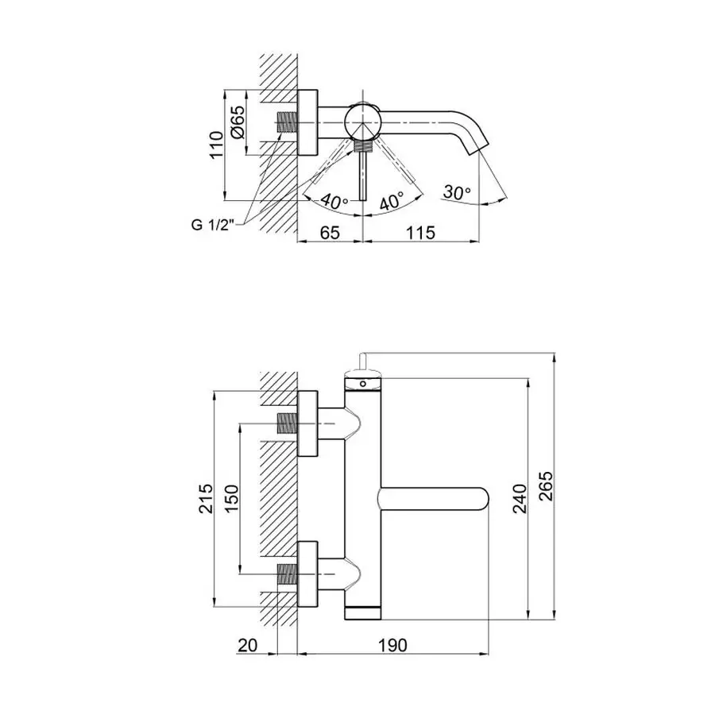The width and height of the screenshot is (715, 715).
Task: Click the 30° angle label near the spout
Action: pyautogui.click(x=458, y=191)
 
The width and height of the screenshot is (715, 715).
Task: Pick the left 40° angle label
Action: pyautogui.click(x=334, y=201)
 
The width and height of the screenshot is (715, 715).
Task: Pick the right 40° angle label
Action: pyautogui.click(x=390, y=201)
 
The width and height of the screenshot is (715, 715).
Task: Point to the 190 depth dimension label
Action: pyautogui.click(x=392, y=645)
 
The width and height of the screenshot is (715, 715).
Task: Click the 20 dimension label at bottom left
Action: pyautogui.click(x=248, y=645)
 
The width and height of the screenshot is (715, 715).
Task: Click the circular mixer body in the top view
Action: pyautogui.click(x=362, y=123)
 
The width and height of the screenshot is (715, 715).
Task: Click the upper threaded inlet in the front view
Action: pyautogui.click(x=286, y=424)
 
